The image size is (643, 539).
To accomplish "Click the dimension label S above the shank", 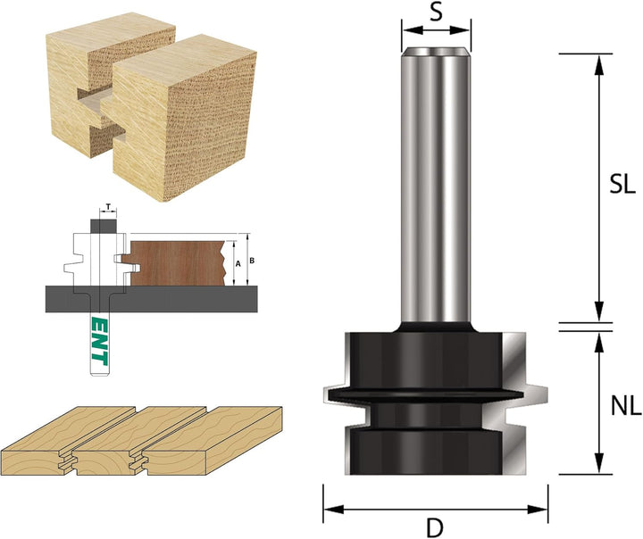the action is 437,12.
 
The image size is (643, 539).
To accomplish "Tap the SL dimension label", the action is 622,184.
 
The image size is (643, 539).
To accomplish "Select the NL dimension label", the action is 625,407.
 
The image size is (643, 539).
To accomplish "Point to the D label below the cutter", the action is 435,528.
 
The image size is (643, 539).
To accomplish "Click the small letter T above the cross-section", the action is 108,206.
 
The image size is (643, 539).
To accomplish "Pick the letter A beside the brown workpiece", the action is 238,264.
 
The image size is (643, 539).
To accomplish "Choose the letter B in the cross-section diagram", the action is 252,261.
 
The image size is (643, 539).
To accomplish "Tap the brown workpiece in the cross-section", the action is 177,262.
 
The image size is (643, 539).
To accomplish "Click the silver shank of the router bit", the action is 436,186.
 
